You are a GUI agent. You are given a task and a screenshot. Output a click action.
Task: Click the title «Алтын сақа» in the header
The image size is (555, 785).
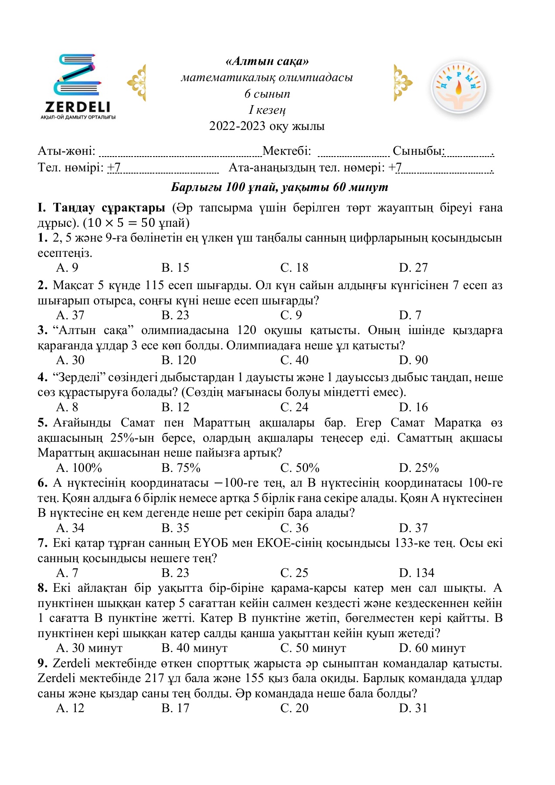[x=267, y=61]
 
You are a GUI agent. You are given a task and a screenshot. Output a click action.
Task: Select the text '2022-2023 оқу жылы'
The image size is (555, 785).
[x=267, y=126]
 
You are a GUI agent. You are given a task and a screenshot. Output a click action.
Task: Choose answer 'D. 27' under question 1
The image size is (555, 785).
[x=413, y=268]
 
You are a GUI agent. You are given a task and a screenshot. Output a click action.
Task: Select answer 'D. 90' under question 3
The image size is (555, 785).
[x=413, y=360]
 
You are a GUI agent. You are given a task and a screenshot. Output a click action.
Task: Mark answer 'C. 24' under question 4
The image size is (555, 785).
[x=294, y=407]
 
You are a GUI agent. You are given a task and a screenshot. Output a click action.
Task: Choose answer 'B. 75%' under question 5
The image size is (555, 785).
[x=180, y=468]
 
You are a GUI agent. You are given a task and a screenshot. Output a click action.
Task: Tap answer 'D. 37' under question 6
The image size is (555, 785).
[x=413, y=528]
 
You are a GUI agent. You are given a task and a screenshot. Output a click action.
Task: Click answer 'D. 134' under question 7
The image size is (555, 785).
[x=416, y=573]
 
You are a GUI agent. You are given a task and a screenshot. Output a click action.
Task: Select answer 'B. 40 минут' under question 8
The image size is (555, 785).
[x=194, y=648]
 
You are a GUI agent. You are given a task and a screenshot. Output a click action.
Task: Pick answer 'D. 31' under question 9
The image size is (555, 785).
[x=413, y=708]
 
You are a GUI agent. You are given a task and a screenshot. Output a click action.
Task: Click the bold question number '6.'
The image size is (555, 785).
[x=42, y=483]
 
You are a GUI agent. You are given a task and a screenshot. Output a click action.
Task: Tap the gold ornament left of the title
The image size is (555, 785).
[x=137, y=83]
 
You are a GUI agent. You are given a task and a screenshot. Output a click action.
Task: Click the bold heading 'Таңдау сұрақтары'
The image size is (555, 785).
[x=109, y=208]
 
